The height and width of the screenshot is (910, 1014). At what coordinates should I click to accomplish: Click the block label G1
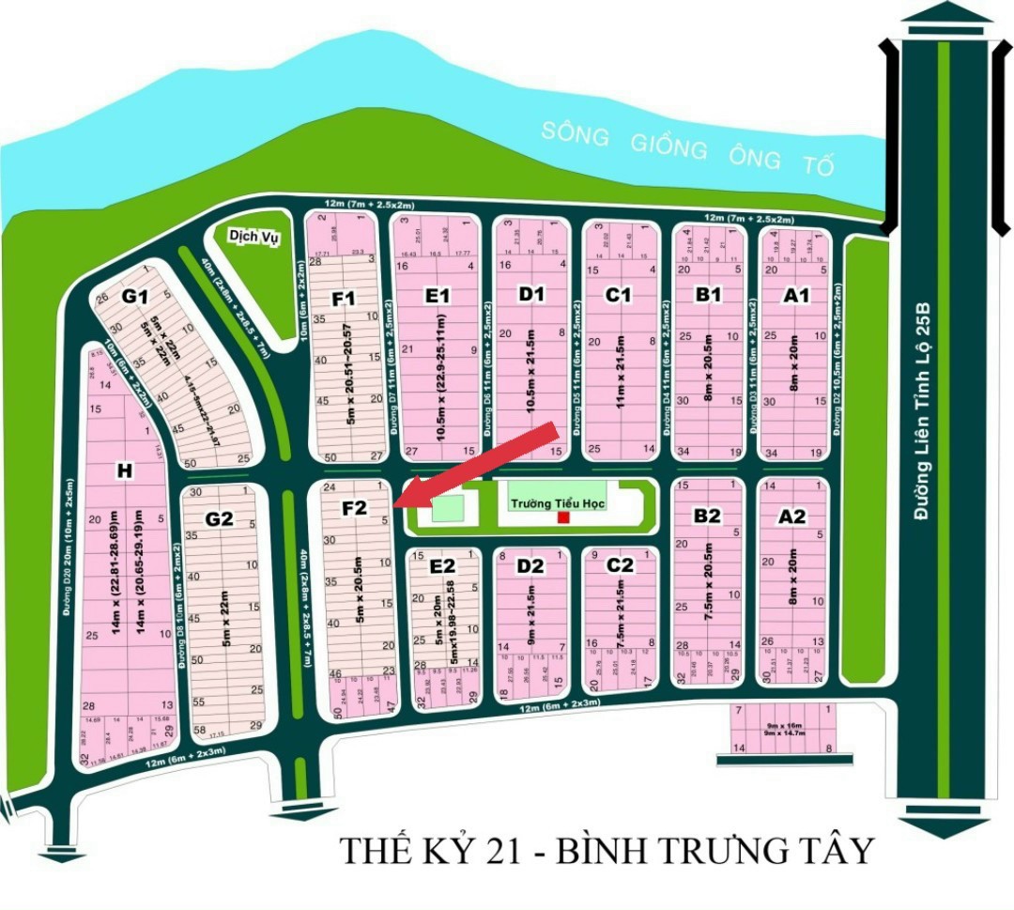(135, 297)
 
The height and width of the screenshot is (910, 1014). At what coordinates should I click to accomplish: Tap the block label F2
(354, 508)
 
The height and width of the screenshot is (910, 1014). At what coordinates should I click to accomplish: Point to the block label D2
(530, 565)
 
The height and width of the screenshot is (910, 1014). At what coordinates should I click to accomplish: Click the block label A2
(792, 516)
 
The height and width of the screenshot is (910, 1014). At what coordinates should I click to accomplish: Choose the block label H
(122, 471)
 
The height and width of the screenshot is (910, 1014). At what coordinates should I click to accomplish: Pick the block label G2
(219, 518)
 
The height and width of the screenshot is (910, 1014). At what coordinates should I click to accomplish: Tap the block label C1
(617, 296)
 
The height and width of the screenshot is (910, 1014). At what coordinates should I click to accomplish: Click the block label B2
(707, 516)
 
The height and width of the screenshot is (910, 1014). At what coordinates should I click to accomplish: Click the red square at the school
(562, 517)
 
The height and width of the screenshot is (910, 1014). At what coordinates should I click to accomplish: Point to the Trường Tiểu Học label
(558, 503)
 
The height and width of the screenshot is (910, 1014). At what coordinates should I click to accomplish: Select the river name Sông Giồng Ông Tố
(687, 148)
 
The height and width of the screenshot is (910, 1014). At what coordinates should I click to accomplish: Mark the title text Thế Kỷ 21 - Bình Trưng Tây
(606, 851)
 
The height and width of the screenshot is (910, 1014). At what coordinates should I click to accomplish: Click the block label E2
(441, 566)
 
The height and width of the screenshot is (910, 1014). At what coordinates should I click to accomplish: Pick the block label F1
(344, 299)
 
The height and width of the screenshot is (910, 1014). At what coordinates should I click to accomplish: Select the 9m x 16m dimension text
(784, 726)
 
